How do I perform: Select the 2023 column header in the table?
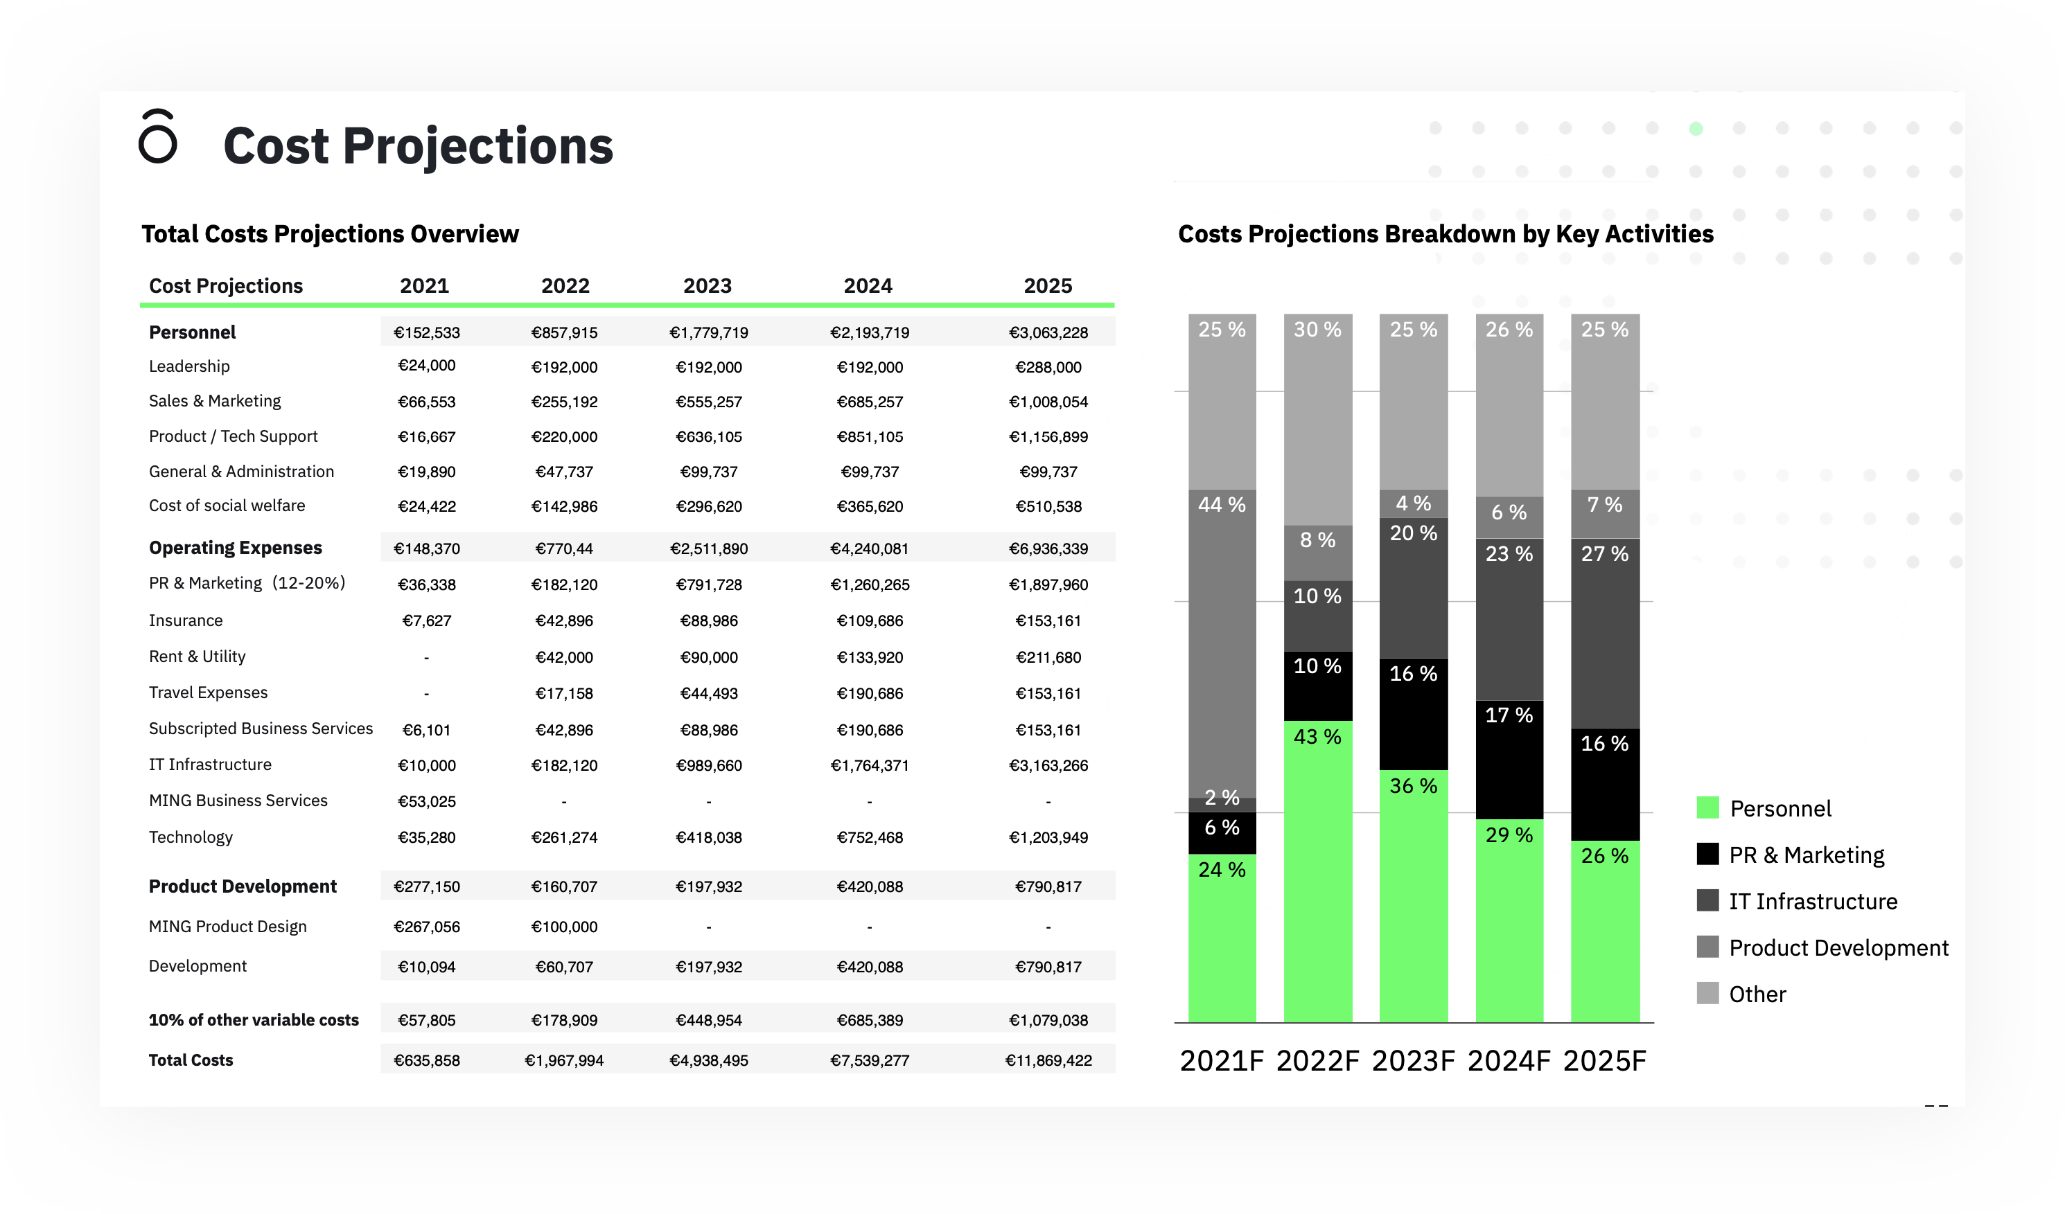click(x=708, y=286)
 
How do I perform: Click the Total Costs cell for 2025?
click(x=1048, y=1060)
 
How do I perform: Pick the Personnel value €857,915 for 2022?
click(x=564, y=332)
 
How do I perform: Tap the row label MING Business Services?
click(x=238, y=801)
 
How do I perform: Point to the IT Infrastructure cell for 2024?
click(x=870, y=765)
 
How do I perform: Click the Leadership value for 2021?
click(x=426, y=366)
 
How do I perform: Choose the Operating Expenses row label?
click(x=235, y=547)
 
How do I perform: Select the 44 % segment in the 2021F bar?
click(x=1222, y=639)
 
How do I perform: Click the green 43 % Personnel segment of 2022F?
click(x=1317, y=868)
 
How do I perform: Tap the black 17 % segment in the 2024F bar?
click(x=1509, y=758)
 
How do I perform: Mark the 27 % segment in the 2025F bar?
click(x=1604, y=631)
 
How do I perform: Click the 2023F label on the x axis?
click(x=1413, y=1061)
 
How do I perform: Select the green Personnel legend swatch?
click(x=1707, y=807)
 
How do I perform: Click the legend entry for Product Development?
click(x=1838, y=948)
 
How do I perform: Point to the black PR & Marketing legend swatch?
click(x=1707, y=855)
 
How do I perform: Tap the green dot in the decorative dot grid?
click(x=1696, y=129)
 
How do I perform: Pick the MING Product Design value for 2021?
click(x=426, y=927)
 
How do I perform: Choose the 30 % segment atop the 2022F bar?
click(x=1317, y=418)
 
